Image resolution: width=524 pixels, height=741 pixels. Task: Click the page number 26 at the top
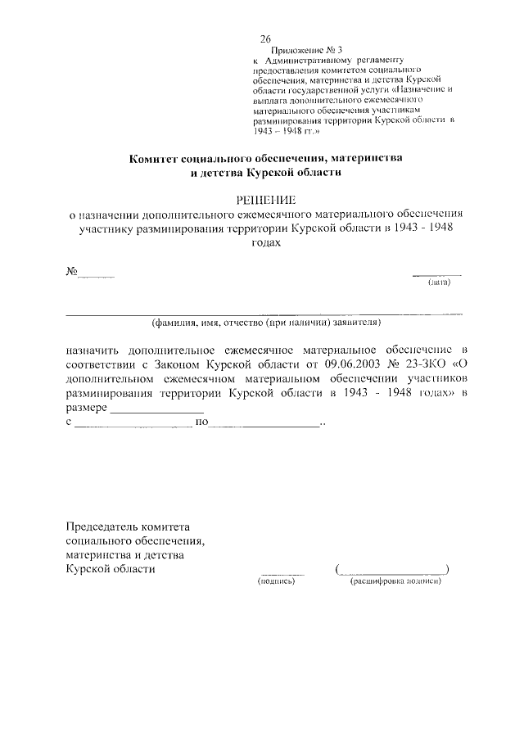265,39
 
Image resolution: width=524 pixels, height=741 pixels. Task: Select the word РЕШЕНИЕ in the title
265,199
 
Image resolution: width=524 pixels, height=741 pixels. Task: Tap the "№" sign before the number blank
71,272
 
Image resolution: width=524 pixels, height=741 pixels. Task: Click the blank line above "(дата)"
436,274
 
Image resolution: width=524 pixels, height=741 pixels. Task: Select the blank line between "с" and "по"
132,426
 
